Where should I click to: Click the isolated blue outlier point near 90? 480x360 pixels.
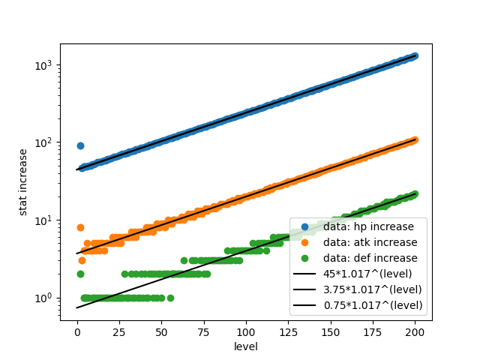[x=80, y=145]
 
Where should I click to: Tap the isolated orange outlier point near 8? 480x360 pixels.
[x=80, y=227]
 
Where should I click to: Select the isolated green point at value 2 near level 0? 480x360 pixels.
[x=80, y=274]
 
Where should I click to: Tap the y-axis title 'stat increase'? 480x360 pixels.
[x=23, y=181]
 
